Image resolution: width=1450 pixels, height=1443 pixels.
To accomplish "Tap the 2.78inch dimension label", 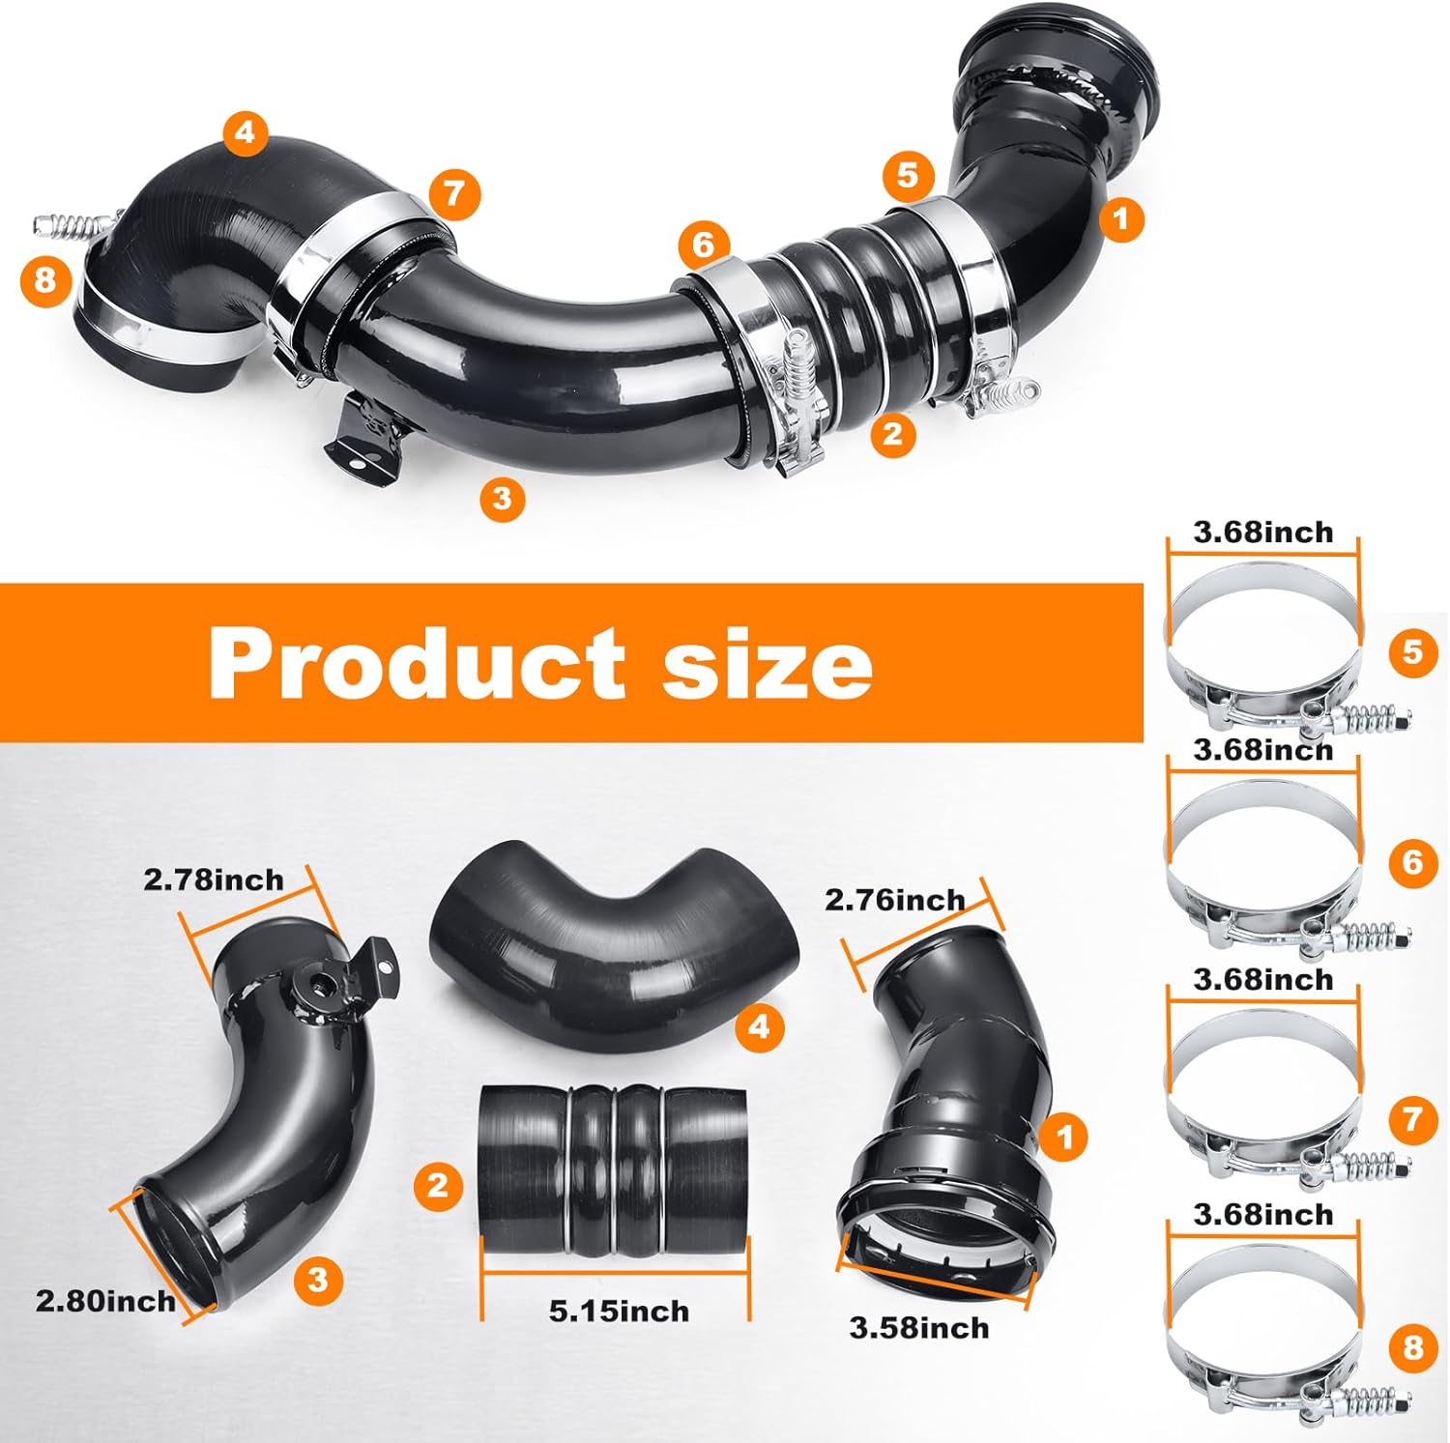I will click(214, 880).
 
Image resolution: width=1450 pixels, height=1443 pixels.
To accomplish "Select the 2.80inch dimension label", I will click(105, 1300).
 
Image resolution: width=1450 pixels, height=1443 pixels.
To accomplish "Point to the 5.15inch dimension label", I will click(619, 1312).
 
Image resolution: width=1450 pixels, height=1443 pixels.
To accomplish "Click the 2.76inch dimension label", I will click(894, 901).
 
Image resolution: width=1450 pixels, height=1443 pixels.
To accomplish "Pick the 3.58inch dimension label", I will click(919, 1328).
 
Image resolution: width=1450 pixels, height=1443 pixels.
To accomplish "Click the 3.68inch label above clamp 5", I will click(1262, 532).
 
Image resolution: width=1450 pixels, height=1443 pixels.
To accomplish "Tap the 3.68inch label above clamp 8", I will click(1262, 1214).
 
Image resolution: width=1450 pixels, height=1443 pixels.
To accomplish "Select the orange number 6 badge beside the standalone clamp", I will click(1412, 860).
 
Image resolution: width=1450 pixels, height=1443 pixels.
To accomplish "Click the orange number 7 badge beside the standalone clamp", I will click(1412, 1119).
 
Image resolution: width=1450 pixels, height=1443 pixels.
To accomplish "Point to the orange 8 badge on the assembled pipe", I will click(45, 281).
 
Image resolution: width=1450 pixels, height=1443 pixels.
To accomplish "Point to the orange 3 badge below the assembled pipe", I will click(501, 498).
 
